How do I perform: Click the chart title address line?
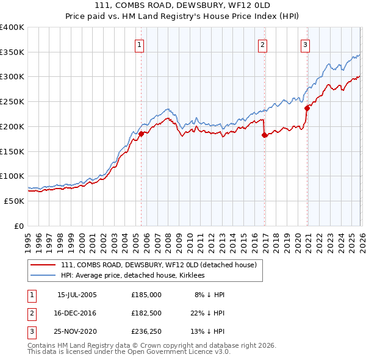[x=182, y=5]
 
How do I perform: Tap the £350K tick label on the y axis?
[x=13, y=52]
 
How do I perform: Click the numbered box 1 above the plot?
[x=140, y=44]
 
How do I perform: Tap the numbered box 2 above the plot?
[x=262, y=44]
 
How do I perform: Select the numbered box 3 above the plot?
[x=304, y=44]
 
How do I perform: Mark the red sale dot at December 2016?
[x=264, y=135]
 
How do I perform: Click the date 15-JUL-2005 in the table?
[x=76, y=295]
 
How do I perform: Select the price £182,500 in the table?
[x=146, y=313]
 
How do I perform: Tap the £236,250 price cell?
[x=146, y=331]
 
